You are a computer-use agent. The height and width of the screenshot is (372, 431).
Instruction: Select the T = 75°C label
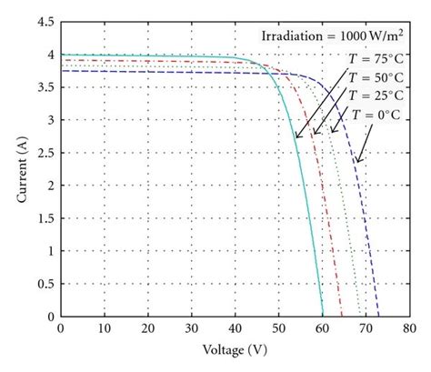377,58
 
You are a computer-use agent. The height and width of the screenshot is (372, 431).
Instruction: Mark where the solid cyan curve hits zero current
323,317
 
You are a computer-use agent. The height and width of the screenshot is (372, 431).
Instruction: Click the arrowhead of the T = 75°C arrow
296,138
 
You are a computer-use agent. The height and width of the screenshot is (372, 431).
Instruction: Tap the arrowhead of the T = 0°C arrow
356,164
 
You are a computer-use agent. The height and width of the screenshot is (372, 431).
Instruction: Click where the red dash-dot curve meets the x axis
343,317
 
